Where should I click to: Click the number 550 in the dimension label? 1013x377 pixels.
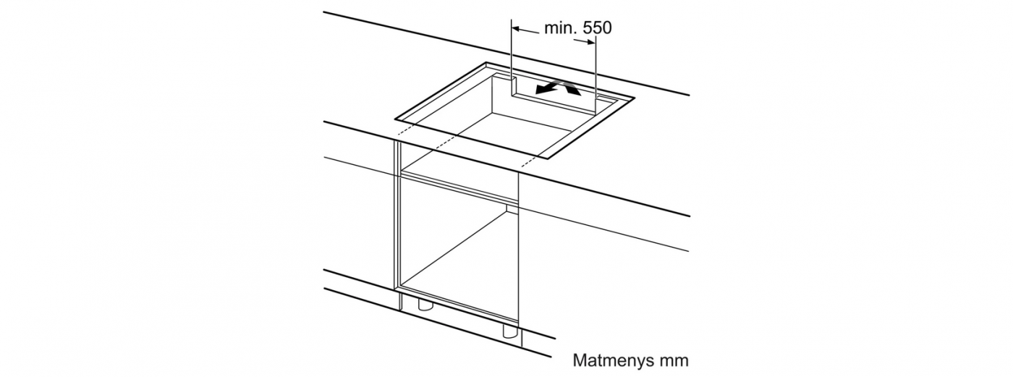coord(597,27)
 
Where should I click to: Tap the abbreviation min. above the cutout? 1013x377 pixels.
coord(560,27)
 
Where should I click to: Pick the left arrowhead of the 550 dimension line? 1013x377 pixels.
coord(517,30)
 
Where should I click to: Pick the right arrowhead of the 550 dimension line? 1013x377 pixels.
coord(590,43)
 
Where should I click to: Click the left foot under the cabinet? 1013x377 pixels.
coord(425,305)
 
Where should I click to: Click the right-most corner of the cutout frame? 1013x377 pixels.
coord(635,98)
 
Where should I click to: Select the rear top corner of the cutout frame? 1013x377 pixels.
coord(486,63)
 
